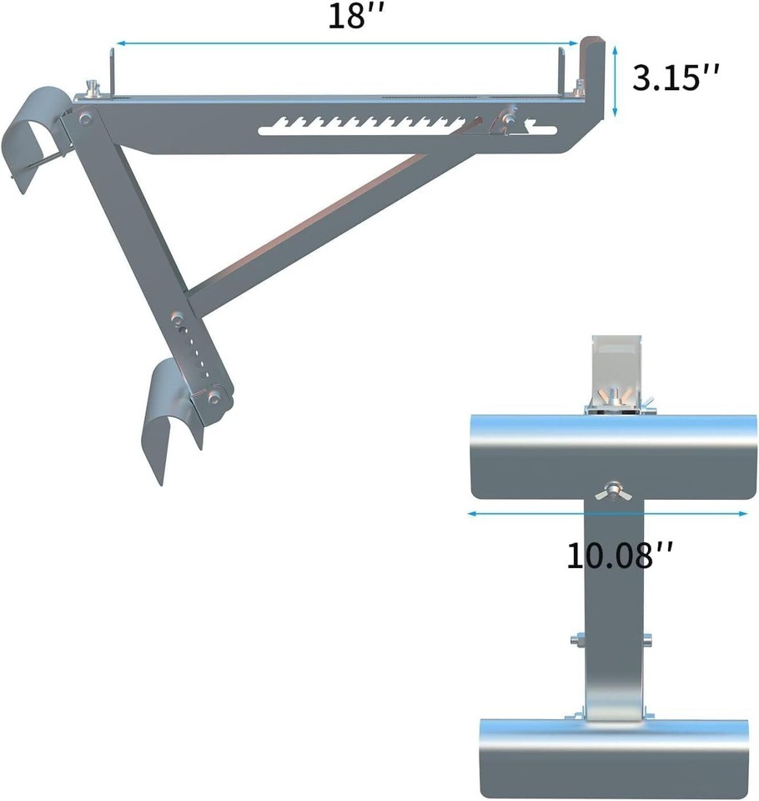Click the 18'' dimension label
pos(347,18)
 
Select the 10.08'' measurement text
pos(620,555)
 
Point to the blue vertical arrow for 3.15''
pos(615,81)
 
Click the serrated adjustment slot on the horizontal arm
pos(367,126)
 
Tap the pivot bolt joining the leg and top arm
pos(84,119)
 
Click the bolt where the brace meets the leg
pos(176,318)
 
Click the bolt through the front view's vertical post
pos(612,641)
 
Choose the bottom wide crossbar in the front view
pos(617,756)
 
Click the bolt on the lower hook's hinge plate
pos(215,399)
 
